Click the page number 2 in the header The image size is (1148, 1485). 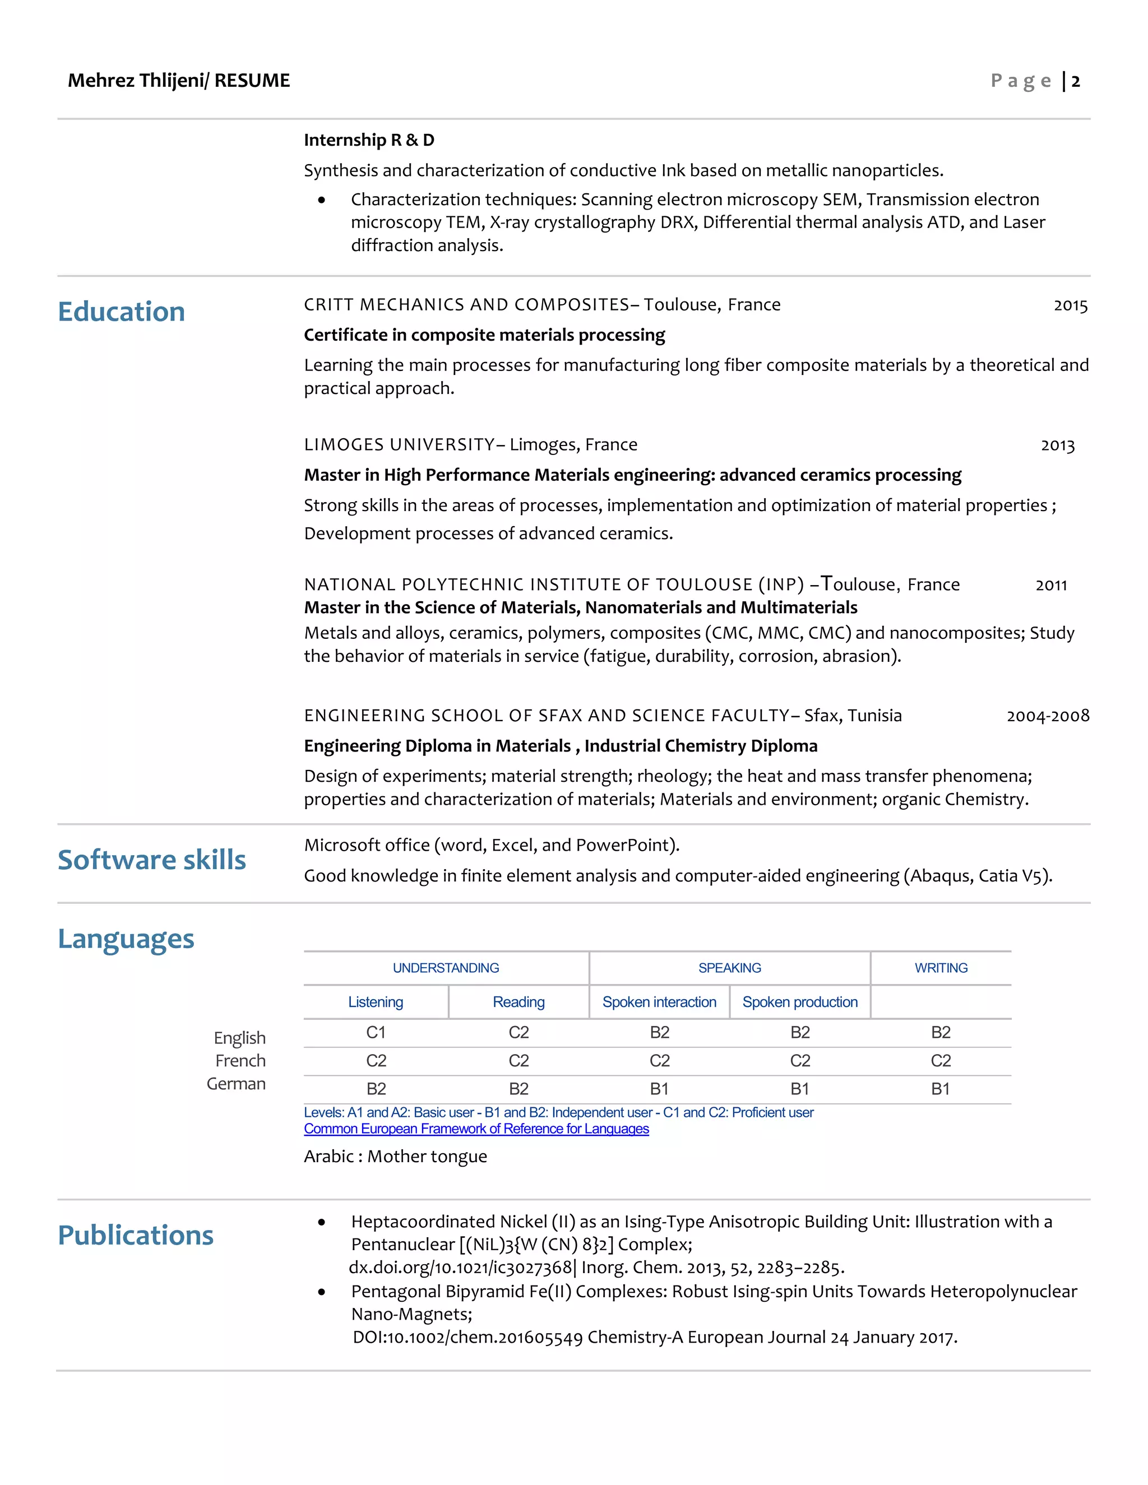click(x=1075, y=82)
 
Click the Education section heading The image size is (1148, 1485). click(x=121, y=312)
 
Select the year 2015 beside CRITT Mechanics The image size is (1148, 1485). click(x=1071, y=305)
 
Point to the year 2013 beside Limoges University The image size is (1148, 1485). click(x=1058, y=445)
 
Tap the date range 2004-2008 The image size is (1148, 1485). click(x=1047, y=716)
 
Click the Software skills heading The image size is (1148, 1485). click(x=152, y=860)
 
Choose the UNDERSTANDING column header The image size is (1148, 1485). click(x=446, y=968)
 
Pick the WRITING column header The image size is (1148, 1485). click(x=941, y=968)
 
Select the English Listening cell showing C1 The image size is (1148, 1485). click(x=376, y=1032)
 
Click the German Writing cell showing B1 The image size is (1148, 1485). click(x=941, y=1089)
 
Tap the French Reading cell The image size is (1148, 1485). click(x=519, y=1061)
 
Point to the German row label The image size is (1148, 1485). click(x=236, y=1084)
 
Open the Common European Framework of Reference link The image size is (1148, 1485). click(x=476, y=1129)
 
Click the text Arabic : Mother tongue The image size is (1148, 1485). click(x=395, y=1157)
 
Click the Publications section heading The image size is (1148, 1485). click(x=135, y=1235)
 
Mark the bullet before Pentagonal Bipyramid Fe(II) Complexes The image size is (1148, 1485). click(x=322, y=1292)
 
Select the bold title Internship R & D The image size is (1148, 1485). click(x=369, y=140)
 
